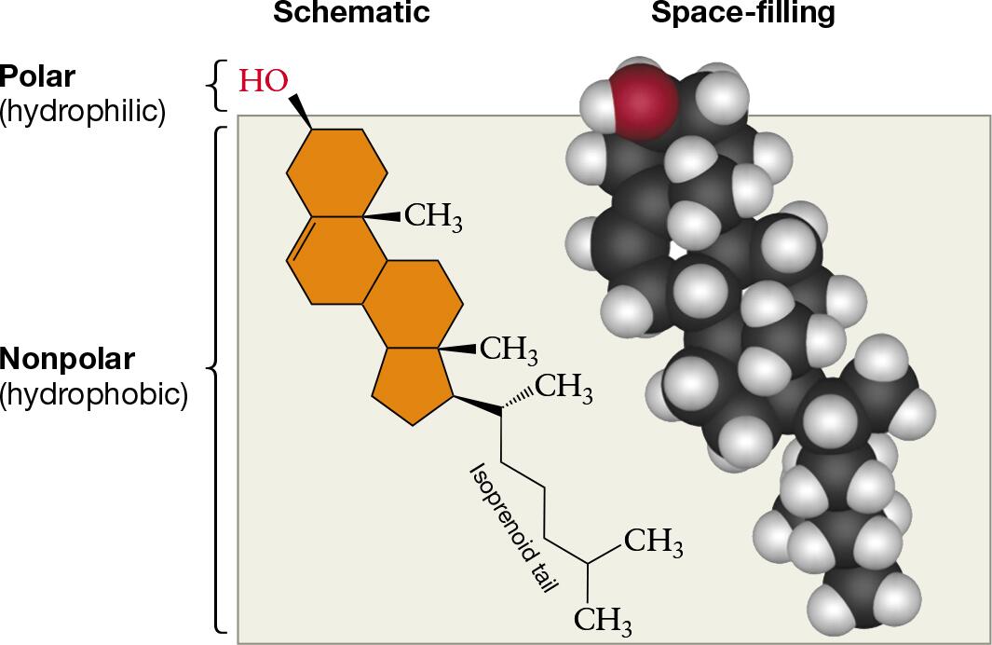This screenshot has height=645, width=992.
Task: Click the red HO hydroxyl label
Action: tap(264, 81)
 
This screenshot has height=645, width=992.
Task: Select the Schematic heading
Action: tap(352, 12)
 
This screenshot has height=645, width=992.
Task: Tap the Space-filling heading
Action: tap(743, 13)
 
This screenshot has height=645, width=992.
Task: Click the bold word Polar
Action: tap(37, 76)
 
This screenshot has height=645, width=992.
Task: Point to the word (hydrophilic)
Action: tap(83, 112)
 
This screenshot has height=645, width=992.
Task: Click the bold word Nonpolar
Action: tap(67, 359)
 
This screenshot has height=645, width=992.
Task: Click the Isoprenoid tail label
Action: tap(514, 527)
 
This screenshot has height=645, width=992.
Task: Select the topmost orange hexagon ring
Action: tap(337, 172)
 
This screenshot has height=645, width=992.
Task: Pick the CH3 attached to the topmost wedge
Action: tap(433, 216)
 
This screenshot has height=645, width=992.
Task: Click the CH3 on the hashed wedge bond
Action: tap(564, 388)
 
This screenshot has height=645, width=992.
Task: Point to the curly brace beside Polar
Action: tap(217, 86)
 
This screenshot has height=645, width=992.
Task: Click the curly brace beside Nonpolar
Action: tap(217, 379)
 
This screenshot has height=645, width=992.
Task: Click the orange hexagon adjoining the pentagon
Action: tap(413, 304)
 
